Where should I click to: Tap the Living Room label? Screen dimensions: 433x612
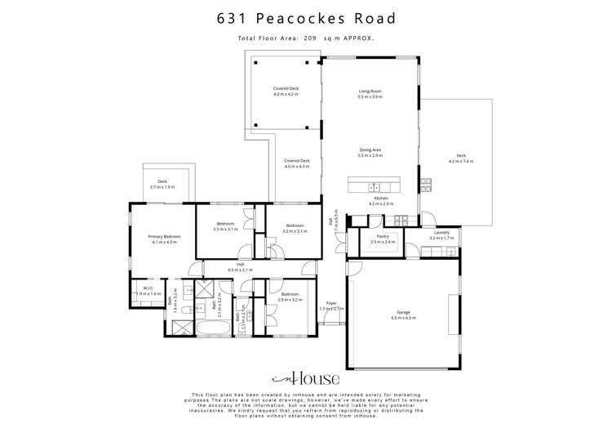tap(370, 91)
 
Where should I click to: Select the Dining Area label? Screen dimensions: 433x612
tap(370, 150)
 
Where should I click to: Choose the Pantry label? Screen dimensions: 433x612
tap(383, 236)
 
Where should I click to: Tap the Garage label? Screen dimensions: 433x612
tap(402, 311)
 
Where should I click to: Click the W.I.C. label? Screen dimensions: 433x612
tap(149, 288)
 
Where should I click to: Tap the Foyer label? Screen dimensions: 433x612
tap(331, 303)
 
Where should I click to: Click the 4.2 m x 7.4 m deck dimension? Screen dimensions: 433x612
tap(461, 160)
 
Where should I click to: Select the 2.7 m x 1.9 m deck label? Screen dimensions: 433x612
tap(162, 184)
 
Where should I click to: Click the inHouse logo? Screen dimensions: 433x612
tap(304, 378)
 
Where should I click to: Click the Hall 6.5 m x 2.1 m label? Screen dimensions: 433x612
tap(241, 265)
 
